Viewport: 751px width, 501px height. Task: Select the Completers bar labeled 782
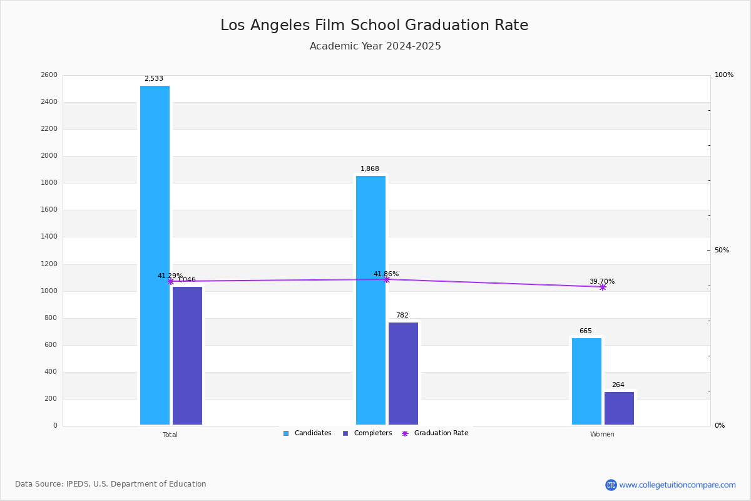(403, 374)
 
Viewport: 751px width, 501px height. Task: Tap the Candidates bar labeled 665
(586, 381)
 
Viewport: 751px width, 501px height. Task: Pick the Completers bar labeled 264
(619, 408)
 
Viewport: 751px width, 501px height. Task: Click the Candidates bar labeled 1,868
(370, 301)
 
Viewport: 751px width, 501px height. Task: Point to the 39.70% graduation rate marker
(603, 287)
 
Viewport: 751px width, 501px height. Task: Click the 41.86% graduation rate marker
(387, 279)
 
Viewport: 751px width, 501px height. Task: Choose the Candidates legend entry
(307, 433)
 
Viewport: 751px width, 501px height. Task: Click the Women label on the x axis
(602, 435)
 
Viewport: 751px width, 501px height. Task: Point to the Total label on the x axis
(170, 435)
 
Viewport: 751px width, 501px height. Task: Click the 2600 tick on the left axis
(49, 75)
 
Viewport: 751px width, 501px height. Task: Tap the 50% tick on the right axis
(722, 250)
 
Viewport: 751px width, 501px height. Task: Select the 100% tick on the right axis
(723, 75)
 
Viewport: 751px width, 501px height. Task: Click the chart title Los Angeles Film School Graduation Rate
(374, 26)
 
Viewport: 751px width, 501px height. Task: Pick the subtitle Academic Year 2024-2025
(375, 46)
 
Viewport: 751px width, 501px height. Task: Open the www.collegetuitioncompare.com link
(677, 485)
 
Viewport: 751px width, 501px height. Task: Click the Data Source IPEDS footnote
(111, 484)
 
